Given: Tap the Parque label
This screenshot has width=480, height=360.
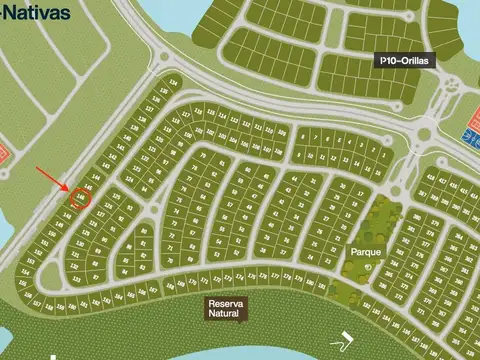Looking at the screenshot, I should coord(363,252).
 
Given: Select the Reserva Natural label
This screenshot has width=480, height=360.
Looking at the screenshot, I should coord(223,309).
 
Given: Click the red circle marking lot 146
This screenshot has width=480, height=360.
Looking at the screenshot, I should coord(82,197).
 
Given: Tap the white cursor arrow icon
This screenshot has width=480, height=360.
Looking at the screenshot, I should coord(346,338).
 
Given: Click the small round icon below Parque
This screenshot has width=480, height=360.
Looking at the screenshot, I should coord(367,276).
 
